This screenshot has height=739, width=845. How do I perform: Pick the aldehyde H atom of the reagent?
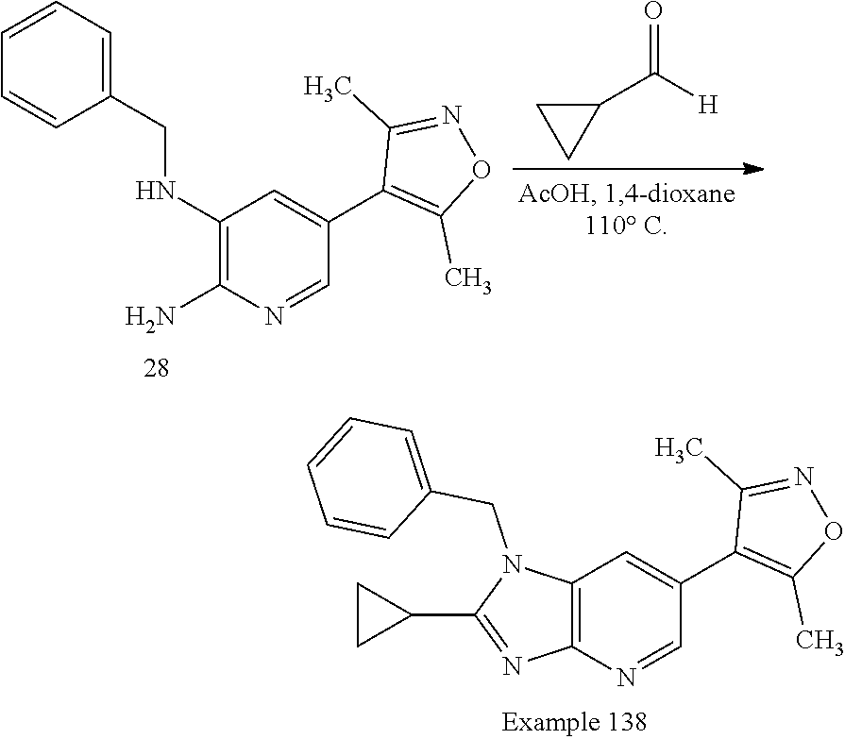706,105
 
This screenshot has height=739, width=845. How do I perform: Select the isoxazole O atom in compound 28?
481,170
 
